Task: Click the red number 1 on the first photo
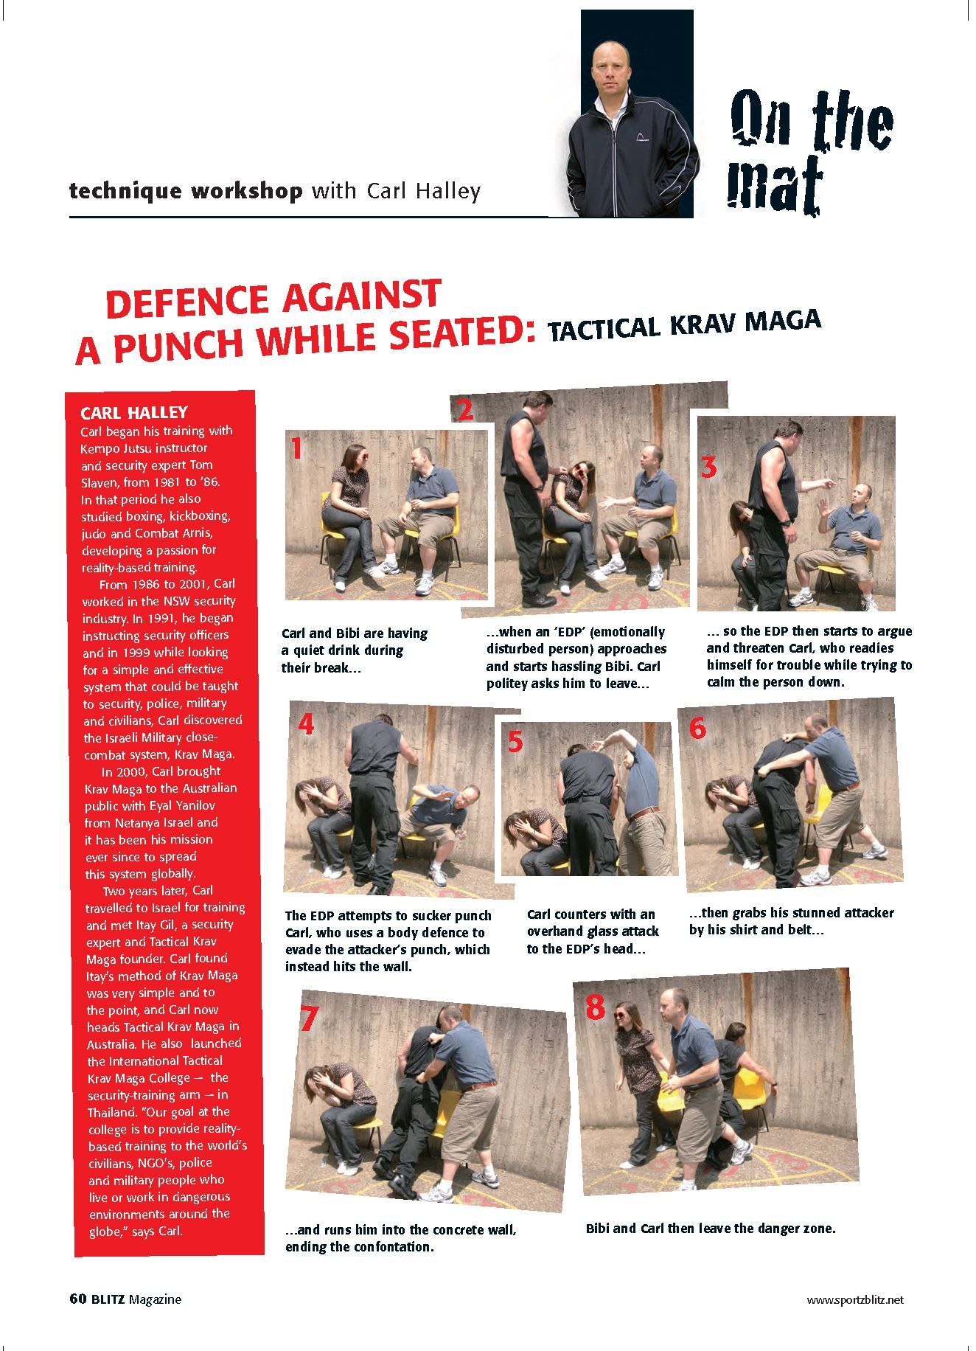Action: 296,448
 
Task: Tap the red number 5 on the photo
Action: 515,741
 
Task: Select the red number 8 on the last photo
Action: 594,1007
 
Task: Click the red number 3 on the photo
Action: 708,467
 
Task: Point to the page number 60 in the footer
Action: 78,1299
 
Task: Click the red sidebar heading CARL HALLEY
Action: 133,412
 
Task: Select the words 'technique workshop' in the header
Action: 185,191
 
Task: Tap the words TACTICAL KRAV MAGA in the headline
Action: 685,325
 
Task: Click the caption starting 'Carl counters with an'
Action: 592,931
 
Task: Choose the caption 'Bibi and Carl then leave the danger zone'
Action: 710,1229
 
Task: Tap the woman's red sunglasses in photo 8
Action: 621,1015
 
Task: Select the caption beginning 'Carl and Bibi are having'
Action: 354,650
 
